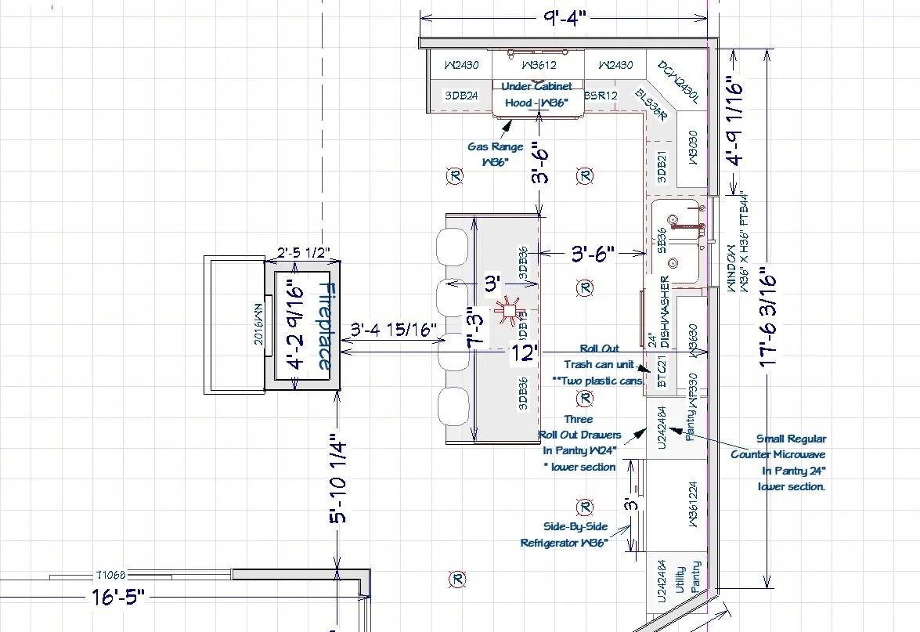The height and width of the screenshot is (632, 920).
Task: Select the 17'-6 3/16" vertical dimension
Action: (x=767, y=319)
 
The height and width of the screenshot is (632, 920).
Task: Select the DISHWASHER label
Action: (x=664, y=312)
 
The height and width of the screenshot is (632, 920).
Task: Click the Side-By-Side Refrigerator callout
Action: (x=565, y=535)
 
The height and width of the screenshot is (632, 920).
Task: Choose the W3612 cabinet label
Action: (x=538, y=65)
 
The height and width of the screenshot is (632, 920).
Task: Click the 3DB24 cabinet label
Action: (x=461, y=96)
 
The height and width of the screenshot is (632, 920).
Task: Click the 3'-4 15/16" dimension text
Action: (x=393, y=330)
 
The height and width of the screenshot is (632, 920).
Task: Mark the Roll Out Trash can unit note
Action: (x=600, y=364)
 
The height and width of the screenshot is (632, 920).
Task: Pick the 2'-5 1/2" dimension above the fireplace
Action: (x=302, y=254)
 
